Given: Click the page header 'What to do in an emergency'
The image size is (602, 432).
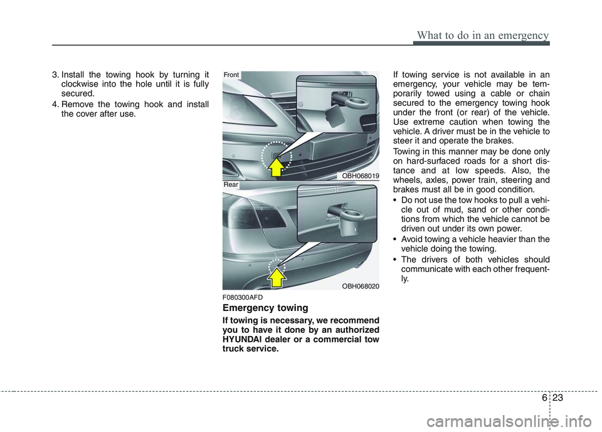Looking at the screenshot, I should (x=481, y=34).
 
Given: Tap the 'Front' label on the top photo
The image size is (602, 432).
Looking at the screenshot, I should (x=232, y=75).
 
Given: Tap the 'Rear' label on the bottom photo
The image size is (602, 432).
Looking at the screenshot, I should (x=231, y=185).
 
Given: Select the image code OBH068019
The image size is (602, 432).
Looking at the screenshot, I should (x=361, y=176).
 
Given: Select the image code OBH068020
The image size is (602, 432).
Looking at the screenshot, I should (x=361, y=286).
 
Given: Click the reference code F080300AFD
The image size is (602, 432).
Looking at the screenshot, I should (x=243, y=297).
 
